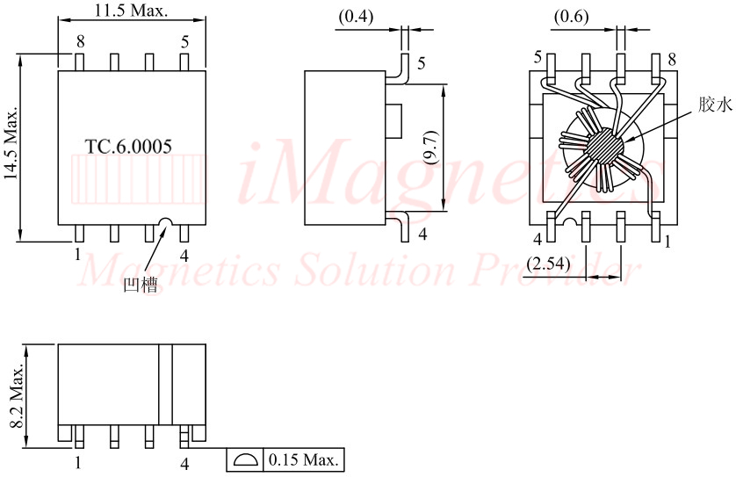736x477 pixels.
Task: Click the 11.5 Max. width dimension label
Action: coord(131,11)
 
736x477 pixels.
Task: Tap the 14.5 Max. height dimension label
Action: coord(11,142)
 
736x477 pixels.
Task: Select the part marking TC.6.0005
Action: coord(128,147)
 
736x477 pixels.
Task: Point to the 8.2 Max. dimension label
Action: coord(18,395)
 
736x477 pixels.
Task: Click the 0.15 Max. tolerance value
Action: coord(303,459)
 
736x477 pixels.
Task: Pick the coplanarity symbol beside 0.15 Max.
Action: coord(246,460)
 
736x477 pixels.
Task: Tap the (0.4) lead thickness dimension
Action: coord(356,17)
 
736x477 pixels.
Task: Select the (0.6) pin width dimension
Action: coord(571,17)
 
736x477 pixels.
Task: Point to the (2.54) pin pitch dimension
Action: coord(548,264)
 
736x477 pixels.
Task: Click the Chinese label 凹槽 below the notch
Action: coord(141,285)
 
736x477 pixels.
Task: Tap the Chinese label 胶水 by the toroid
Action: coord(715,105)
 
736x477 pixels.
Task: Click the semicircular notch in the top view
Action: coord(166,222)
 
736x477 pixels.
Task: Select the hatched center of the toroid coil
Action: coord(603,146)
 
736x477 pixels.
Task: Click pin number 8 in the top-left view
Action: coord(81,41)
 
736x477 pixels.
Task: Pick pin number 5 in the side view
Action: coord(421,63)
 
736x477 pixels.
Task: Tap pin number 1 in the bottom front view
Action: coord(78,463)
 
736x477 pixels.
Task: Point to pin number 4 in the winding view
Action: coord(538,240)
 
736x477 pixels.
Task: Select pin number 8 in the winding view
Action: coord(672,59)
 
